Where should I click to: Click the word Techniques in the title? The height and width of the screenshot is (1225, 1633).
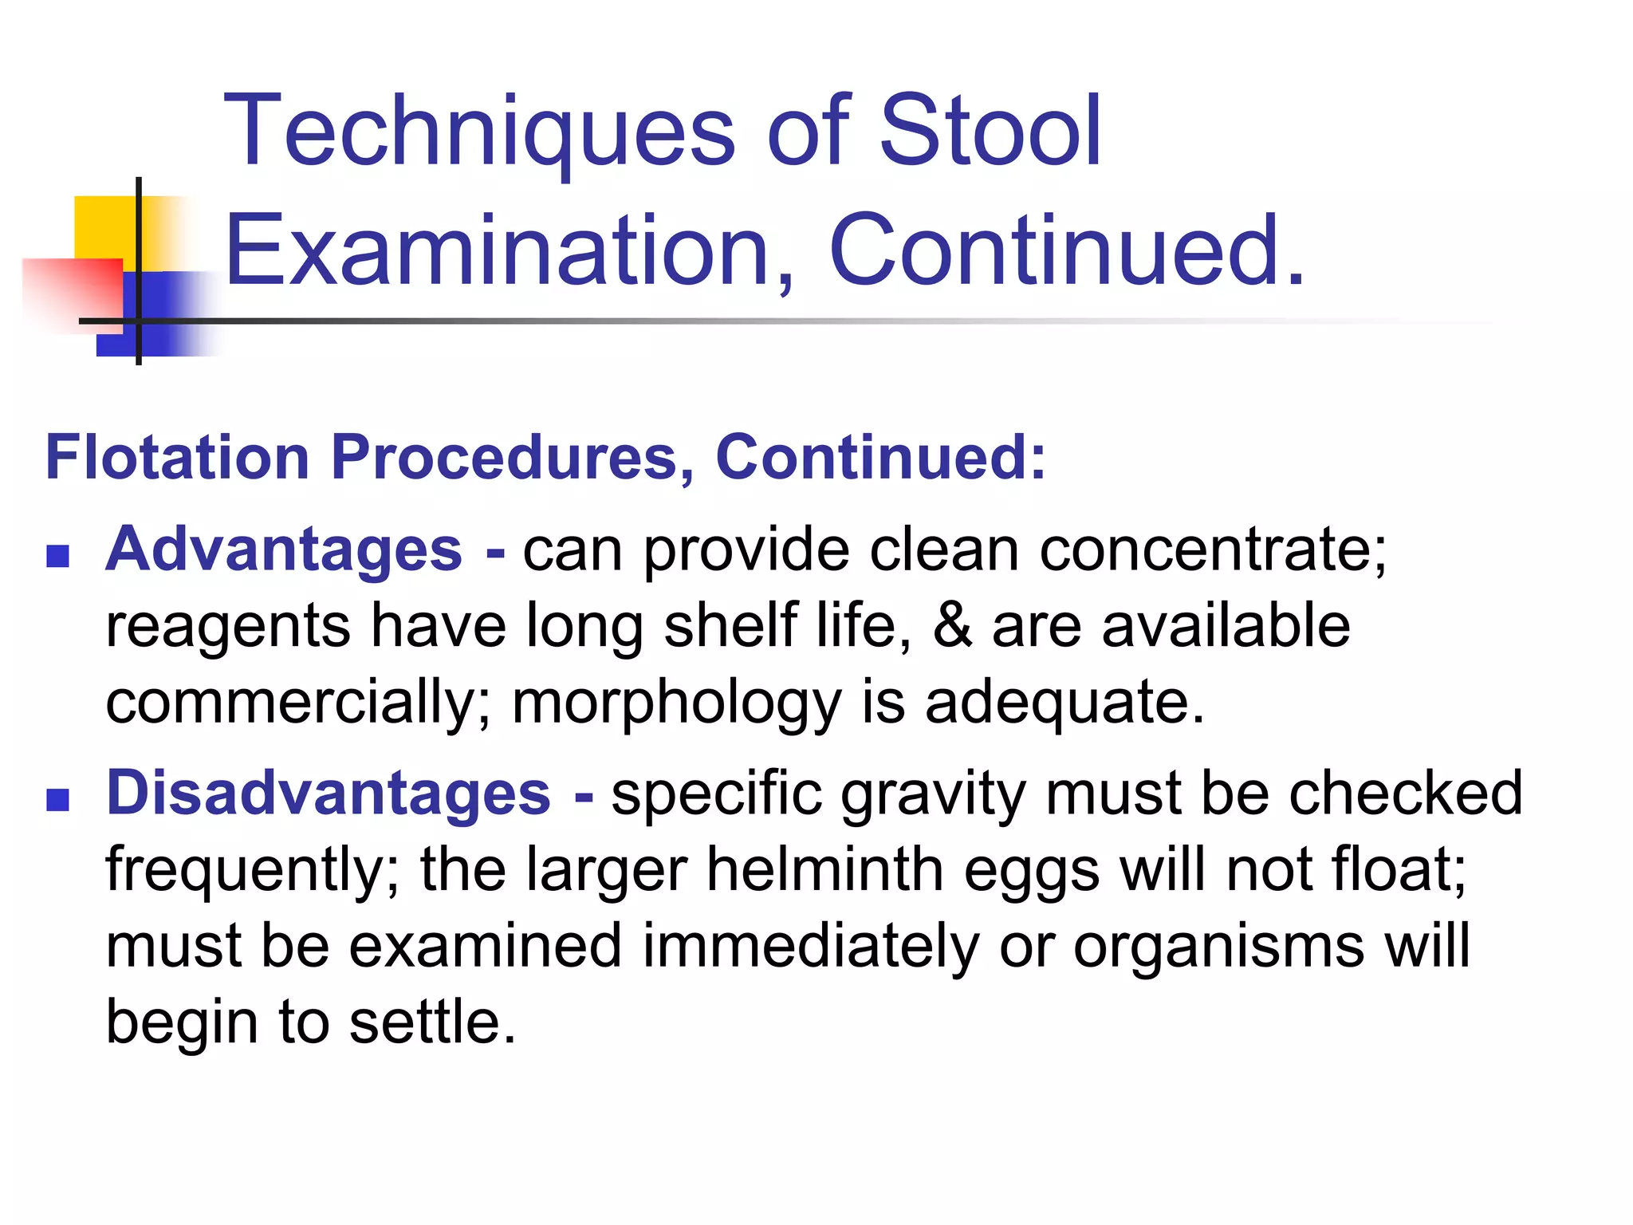(478, 132)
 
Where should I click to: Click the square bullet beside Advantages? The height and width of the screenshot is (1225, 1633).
(57, 556)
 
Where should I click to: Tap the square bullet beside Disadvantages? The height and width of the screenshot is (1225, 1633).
(57, 799)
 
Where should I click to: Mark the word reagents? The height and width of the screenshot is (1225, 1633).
(228, 627)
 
